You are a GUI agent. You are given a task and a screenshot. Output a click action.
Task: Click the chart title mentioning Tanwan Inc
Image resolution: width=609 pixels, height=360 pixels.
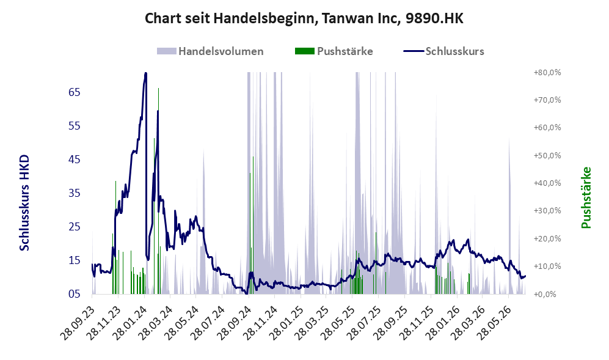point(304,18)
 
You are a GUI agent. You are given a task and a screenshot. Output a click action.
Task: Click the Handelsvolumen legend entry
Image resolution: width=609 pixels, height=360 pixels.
point(210,51)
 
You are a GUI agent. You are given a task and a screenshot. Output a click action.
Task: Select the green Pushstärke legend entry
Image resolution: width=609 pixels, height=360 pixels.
point(334,51)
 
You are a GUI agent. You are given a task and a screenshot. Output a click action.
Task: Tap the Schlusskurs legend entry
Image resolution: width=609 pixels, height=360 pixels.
point(444,51)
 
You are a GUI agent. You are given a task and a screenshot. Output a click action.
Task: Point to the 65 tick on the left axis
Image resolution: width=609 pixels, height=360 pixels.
point(74,92)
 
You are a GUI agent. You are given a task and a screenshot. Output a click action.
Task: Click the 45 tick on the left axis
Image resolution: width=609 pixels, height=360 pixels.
point(74,160)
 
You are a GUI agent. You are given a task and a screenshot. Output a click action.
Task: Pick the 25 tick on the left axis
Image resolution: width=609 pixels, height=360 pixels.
point(74,227)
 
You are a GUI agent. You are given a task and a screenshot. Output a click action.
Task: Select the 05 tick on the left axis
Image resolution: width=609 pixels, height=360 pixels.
point(74,294)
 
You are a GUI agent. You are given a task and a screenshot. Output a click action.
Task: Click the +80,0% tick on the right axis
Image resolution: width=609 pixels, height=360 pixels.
point(547,73)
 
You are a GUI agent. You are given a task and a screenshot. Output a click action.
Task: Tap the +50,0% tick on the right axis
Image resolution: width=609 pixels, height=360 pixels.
point(547,155)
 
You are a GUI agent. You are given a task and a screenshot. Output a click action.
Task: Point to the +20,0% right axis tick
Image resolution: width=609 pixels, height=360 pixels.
point(547,239)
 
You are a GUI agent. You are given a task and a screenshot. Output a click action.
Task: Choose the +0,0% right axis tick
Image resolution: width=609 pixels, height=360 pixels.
point(545,295)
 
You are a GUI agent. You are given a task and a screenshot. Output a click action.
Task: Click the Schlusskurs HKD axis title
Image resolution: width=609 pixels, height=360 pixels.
point(24,202)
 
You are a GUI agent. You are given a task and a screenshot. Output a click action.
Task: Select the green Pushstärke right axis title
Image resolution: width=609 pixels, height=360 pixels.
point(586,198)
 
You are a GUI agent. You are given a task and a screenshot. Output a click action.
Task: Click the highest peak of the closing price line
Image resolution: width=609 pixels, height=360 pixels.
point(145,73)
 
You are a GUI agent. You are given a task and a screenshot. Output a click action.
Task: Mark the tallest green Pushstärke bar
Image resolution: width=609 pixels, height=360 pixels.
point(158,191)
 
